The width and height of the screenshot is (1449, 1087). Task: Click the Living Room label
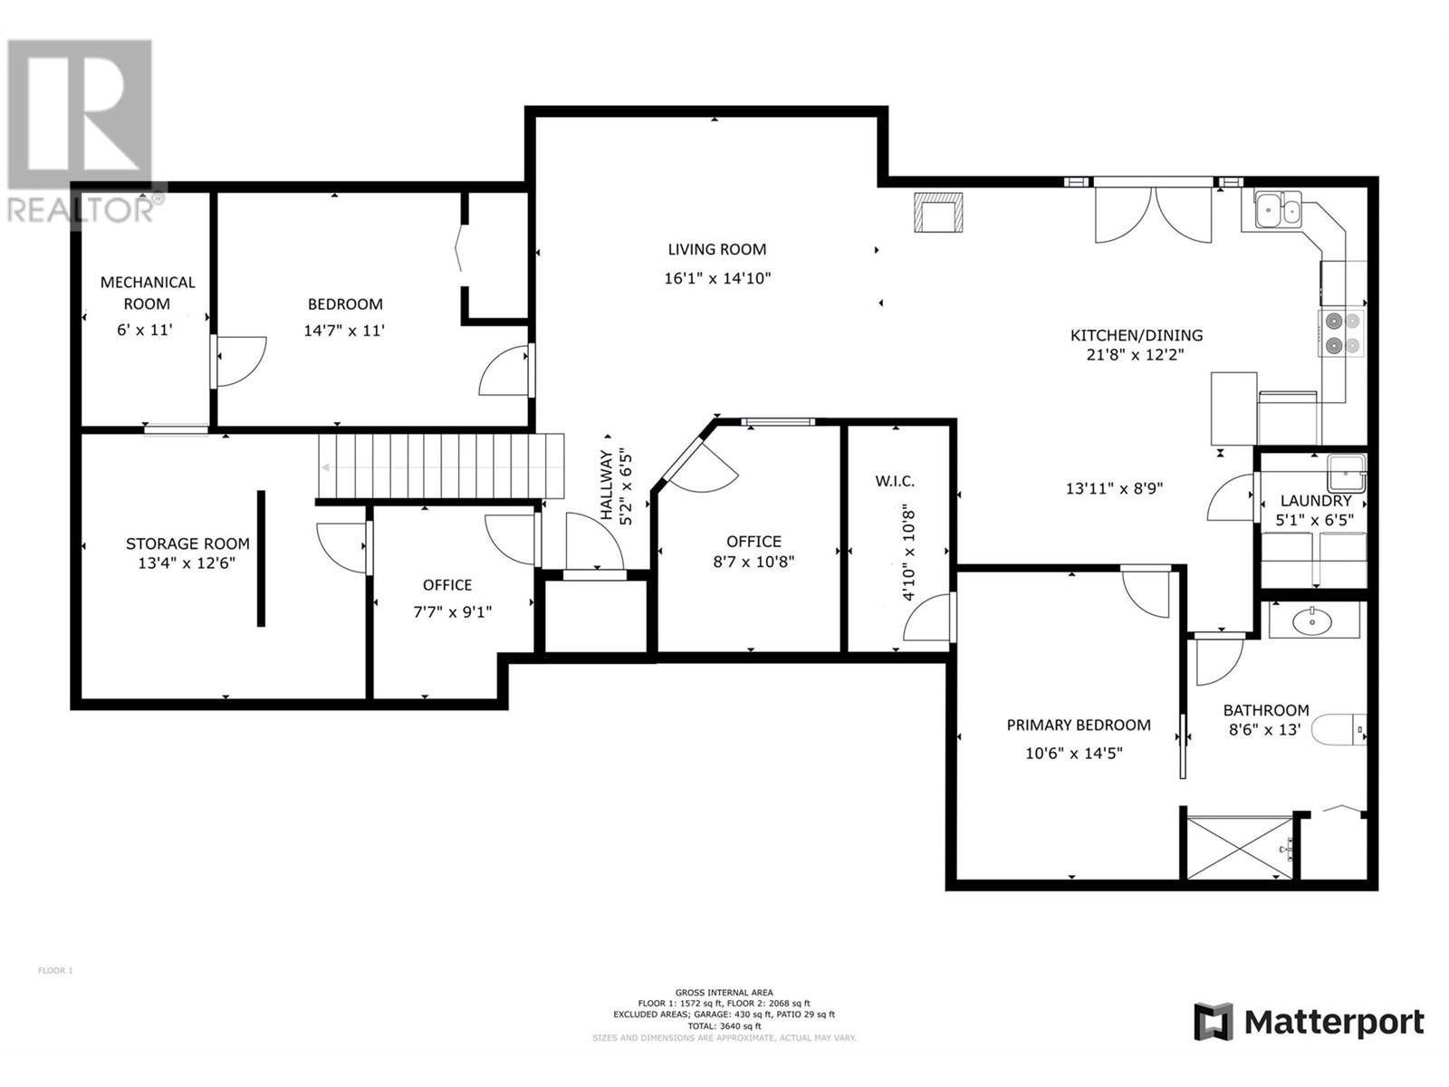(x=717, y=249)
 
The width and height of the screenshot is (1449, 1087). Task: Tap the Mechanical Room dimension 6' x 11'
(x=145, y=330)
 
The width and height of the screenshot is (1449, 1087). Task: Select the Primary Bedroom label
(x=1078, y=725)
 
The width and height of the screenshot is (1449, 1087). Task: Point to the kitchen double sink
(x=1277, y=210)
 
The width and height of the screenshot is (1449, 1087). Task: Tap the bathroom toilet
(x=1339, y=730)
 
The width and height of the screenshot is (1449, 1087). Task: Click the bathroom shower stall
(x=1240, y=848)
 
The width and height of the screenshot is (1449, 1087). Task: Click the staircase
(x=441, y=466)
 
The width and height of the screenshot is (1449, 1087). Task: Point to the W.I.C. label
(x=895, y=481)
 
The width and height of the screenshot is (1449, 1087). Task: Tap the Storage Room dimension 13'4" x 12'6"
(x=187, y=563)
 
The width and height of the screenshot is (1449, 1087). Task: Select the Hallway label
(x=606, y=486)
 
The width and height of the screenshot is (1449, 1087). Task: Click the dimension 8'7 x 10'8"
(x=753, y=562)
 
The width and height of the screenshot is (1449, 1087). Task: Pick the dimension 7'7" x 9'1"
(x=452, y=611)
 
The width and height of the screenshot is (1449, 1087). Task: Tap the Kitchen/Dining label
(x=1136, y=335)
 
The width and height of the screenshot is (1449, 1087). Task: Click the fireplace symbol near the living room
(x=938, y=212)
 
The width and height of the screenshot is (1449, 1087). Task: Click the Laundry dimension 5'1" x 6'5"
(x=1314, y=520)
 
